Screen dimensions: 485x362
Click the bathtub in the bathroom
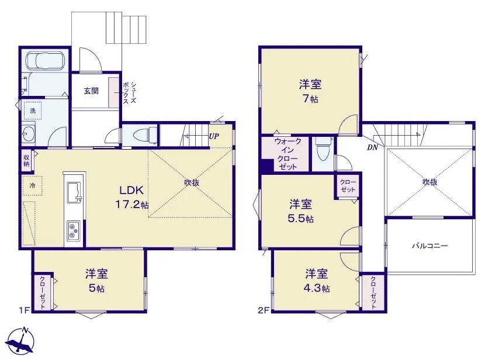[45, 61]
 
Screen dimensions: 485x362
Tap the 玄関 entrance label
[91, 91]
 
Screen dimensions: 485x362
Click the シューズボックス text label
[130, 92]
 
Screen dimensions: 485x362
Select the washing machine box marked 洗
[33, 111]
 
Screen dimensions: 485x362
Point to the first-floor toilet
[145, 135]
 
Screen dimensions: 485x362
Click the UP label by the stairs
[214, 136]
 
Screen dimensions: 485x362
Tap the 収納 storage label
[26, 160]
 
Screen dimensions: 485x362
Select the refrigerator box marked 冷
[32, 186]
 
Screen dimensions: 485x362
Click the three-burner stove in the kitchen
[74, 230]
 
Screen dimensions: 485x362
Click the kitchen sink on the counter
[74, 192]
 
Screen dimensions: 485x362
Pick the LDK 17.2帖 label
[132, 197]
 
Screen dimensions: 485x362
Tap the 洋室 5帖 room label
[96, 281]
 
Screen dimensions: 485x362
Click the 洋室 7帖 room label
[310, 91]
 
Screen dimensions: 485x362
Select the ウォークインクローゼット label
[287, 154]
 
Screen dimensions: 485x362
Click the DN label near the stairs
[373, 148]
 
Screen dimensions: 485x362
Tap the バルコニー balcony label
[430, 246]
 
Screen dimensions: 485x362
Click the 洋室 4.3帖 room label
[317, 281]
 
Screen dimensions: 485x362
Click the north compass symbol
[20, 342]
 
